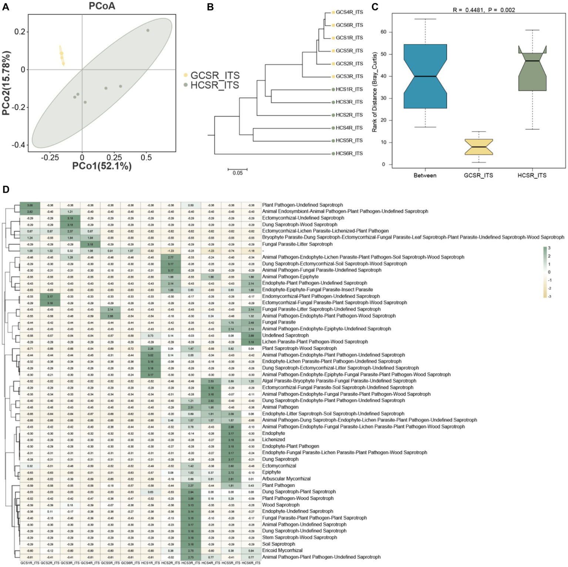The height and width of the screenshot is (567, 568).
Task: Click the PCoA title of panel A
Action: coord(102,6)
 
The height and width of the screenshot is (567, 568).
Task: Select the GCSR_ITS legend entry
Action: coord(215,75)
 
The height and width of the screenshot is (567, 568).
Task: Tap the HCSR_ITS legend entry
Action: coord(215,85)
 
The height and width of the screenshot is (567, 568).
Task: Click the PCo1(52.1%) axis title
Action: coord(102,166)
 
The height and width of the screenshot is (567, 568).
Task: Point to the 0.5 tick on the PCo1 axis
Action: coord(146,158)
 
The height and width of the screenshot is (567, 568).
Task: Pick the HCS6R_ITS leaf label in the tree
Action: coord(349,153)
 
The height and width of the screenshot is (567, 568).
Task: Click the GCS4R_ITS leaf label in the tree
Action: coord(349,12)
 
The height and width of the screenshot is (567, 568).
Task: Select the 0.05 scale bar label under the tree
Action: coord(238,173)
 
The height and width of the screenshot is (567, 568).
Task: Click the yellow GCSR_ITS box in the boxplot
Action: coord(478,147)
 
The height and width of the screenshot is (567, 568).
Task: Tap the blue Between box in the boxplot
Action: coord(425,76)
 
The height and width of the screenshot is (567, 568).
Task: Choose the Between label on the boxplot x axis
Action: coord(425,175)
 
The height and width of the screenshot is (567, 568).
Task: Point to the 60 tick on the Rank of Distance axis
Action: coord(383,32)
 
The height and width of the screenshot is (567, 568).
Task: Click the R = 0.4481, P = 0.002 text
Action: coord(484,10)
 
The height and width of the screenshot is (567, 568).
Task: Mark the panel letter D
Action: coord(6,190)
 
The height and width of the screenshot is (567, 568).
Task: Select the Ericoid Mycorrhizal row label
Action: coord(282,550)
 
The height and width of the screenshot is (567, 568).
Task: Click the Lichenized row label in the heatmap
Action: coord(273,440)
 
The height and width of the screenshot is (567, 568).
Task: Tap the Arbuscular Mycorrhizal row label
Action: coord(286,479)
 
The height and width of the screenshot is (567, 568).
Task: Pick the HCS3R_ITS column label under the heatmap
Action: coord(191,563)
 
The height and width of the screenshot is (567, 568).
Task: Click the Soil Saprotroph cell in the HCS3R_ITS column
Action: coord(191,544)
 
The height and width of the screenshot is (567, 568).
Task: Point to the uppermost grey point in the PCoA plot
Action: coord(148,30)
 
